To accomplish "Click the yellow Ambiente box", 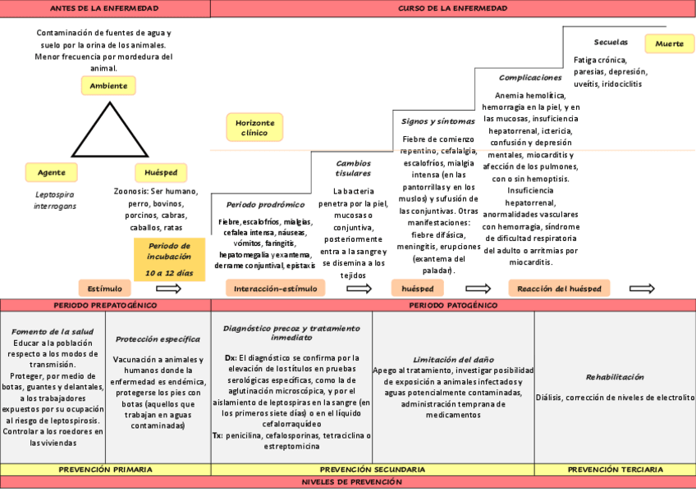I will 108,86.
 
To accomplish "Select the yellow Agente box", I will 52,172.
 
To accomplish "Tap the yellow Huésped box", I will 161,173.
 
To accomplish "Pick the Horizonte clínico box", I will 254,127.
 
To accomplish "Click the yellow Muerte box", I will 669,44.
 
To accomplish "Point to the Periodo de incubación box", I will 169,259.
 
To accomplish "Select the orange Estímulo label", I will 105,289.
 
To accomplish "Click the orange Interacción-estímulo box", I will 276,289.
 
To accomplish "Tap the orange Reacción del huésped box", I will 559,289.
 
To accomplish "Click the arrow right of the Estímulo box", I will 168,289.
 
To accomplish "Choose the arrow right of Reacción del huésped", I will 642,289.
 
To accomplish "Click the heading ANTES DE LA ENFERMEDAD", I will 104,8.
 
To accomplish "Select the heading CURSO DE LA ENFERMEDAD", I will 452,8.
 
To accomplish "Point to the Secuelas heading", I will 611,42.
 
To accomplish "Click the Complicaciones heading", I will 530,77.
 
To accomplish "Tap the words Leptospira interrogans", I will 55,201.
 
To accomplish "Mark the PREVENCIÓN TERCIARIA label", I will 615,470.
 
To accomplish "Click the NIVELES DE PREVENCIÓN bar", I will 348,482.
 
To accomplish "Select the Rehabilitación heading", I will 615,377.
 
